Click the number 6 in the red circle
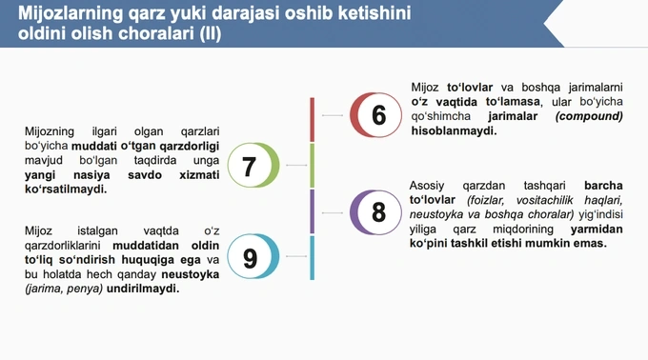(378, 115)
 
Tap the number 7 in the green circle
(249, 167)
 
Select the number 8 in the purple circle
(378, 212)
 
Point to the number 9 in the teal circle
(249, 259)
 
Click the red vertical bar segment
(313, 119)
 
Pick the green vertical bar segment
(313, 166)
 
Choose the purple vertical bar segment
(313, 211)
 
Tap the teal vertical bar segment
(313, 258)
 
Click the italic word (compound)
(589, 116)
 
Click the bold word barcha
(602, 185)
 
